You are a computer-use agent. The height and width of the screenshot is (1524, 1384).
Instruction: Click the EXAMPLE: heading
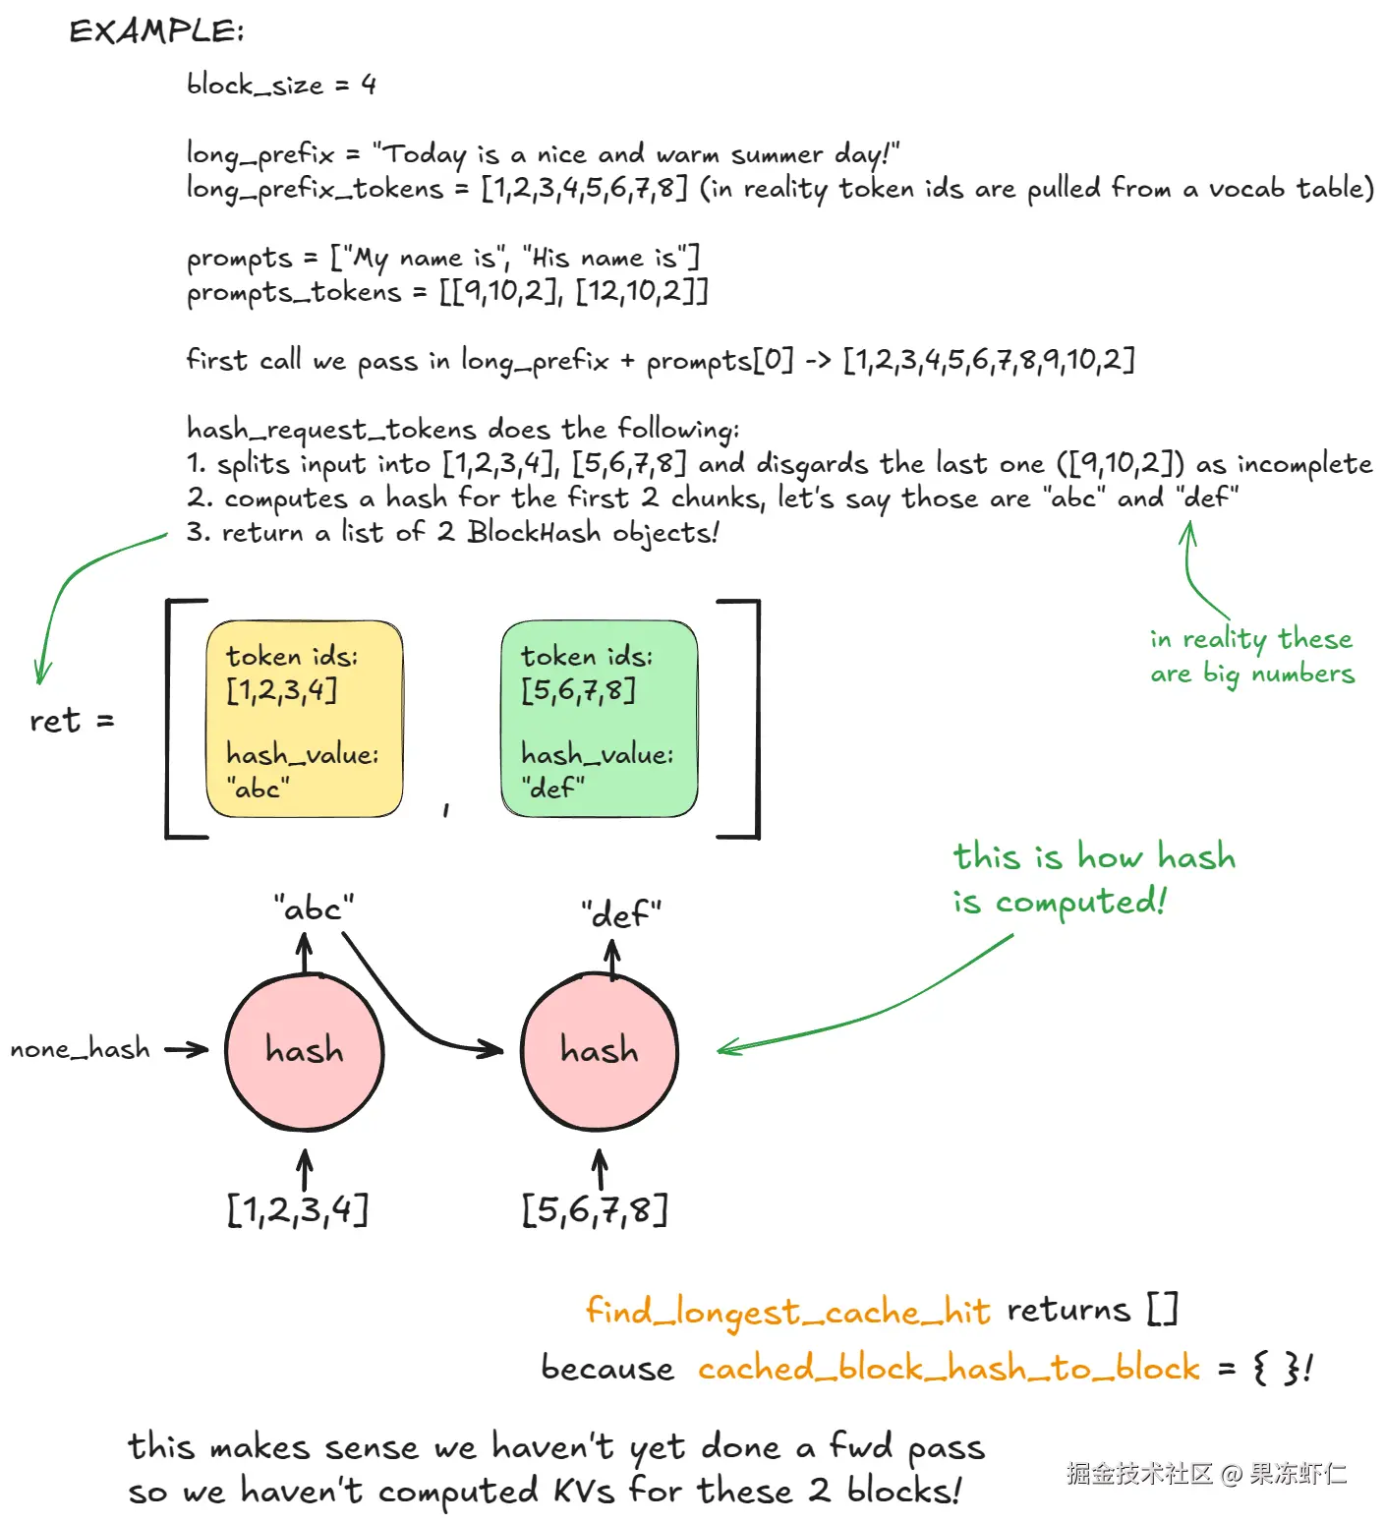[156, 31]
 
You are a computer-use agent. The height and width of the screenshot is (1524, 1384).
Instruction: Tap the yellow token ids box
[304, 719]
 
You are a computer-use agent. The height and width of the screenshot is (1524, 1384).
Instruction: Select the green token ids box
[599, 719]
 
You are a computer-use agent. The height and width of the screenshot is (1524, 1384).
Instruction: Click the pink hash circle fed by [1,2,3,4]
[305, 1051]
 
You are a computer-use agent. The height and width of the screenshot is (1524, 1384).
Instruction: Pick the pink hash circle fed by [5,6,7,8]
[600, 1051]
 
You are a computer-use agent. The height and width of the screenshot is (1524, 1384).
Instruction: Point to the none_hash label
[80, 1049]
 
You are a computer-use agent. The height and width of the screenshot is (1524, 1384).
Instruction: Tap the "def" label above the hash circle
[620, 914]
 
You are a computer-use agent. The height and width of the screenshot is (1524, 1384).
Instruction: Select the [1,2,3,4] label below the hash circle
[298, 1209]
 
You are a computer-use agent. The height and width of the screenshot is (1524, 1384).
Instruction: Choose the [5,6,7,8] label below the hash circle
[595, 1209]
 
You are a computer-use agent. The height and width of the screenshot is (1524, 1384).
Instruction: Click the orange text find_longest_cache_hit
[787, 1312]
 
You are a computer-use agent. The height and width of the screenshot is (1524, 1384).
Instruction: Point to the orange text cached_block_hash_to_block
[949, 1368]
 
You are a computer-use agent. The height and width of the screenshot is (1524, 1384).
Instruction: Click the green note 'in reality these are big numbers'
[1251, 656]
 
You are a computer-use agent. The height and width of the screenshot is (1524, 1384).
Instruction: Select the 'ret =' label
[72, 721]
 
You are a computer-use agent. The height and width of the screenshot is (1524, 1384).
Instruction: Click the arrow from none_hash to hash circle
[187, 1050]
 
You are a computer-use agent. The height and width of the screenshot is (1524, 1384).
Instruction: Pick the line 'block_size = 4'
[281, 86]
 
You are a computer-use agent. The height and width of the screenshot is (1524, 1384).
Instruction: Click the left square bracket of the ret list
[175, 719]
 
